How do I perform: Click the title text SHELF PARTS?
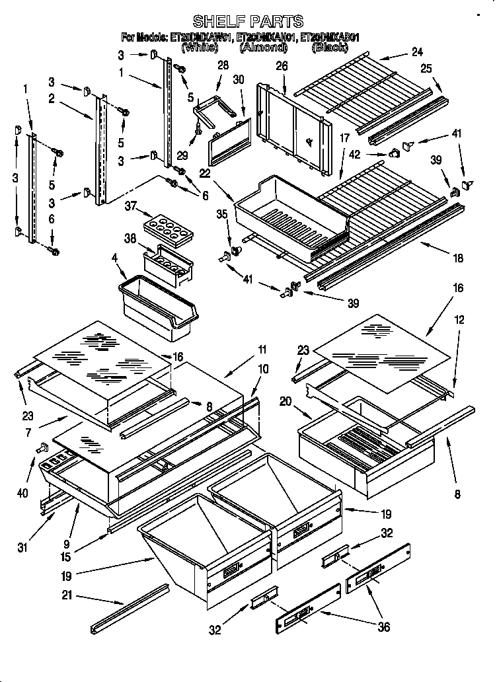tap(248, 21)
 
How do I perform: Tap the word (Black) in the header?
tap(330, 48)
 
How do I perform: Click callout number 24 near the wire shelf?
tap(416, 52)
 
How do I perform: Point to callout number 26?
tap(282, 67)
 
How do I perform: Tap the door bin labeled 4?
tap(157, 307)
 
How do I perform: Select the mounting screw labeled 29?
tap(194, 137)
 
